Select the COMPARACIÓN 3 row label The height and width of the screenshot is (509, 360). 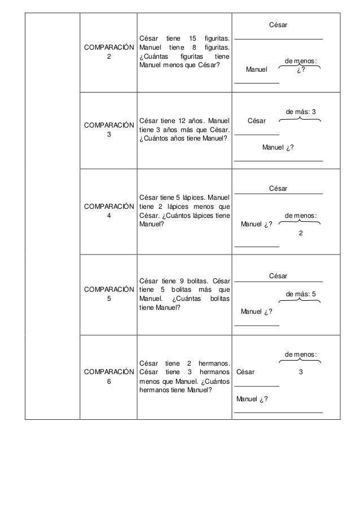[x=108, y=129]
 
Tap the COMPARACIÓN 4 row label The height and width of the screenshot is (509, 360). [x=108, y=211]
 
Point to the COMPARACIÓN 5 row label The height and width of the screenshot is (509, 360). [x=108, y=294]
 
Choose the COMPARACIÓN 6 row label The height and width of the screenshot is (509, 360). [x=108, y=376]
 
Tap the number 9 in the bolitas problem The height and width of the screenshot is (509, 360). [x=182, y=280]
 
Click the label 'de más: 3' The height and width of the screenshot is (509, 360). [x=300, y=112]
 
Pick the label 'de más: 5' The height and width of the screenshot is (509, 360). [x=301, y=294]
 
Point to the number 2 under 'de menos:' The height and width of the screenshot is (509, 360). [x=300, y=234]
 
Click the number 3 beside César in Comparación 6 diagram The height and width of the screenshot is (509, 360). [x=301, y=372]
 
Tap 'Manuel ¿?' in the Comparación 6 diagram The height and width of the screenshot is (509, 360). [x=252, y=400]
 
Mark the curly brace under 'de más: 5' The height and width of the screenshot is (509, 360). [x=300, y=300]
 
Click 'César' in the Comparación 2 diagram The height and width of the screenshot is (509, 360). [x=278, y=25]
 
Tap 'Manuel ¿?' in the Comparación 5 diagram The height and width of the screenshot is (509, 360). [x=257, y=311]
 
